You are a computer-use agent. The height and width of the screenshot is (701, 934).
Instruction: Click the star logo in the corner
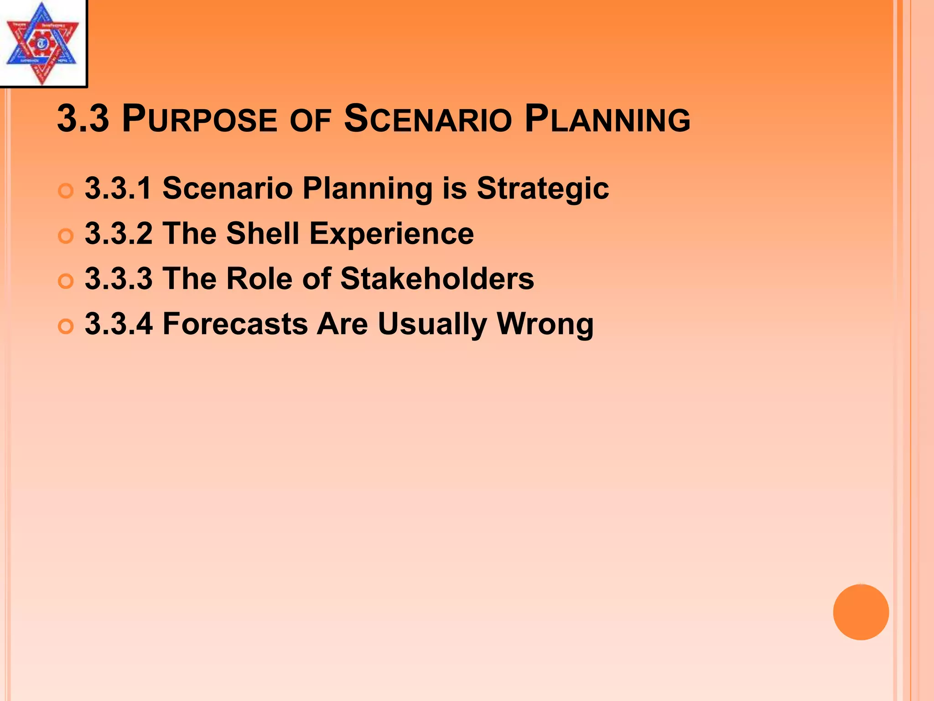tap(42, 43)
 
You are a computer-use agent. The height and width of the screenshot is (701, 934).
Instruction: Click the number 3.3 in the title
tap(83, 119)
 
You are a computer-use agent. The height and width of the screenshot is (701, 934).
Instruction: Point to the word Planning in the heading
tap(607, 119)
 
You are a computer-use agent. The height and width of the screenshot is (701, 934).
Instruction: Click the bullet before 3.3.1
tap(66, 191)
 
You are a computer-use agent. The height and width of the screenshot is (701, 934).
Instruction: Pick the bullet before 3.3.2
tap(66, 236)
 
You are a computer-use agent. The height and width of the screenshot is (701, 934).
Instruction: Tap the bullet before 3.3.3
tap(66, 281)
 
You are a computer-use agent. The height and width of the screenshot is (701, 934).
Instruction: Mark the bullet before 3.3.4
tap(66, 326)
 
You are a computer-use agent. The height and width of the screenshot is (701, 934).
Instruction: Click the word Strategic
tap(542, 188)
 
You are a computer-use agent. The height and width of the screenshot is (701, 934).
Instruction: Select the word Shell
tap(263, 233)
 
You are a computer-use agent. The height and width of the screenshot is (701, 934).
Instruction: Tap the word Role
tap(259, 278)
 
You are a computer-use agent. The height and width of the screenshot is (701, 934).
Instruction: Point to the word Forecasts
tap(235, 324)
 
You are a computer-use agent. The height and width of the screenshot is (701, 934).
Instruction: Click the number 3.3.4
tap(119, 324)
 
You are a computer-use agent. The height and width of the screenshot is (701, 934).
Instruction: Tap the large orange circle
tap(861, 612)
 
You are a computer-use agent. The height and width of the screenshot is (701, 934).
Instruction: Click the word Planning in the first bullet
tap(367, 188)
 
